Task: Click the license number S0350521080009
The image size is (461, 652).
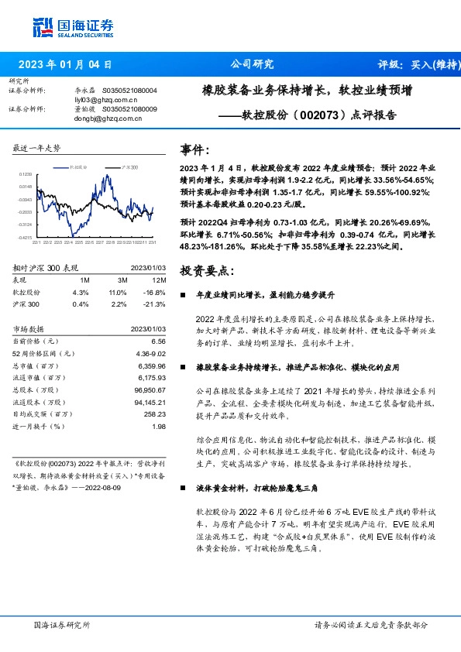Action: tap(129, 109)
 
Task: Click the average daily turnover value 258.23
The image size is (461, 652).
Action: tap(155, 415)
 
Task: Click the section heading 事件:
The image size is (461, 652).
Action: tap(194, 149)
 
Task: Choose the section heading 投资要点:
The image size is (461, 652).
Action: tap(205, 270)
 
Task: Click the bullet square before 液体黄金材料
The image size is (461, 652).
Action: tap(182, 490)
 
